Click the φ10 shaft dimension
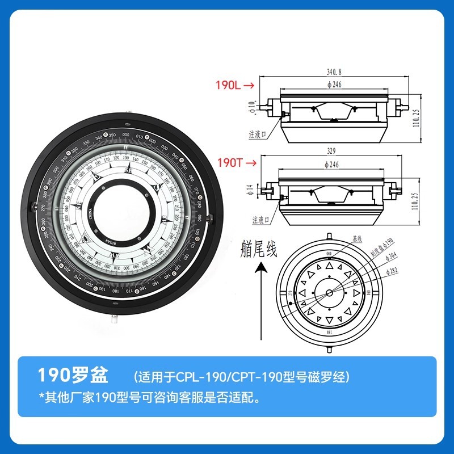[252, 106]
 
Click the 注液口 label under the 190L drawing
[258, 134]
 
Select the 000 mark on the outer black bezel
[126, 136]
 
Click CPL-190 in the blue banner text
[195, 376]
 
